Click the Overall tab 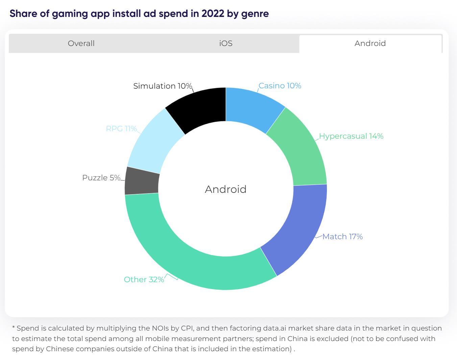click(x=81, y=43)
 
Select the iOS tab click(x=226, y=43)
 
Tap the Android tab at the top click(x=370, y=43)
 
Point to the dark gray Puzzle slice click(x=142, y=181)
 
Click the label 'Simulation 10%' click(x=163, y=86)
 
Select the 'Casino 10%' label click(x=280, y=86)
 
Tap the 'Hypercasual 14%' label click(x=351, y=136)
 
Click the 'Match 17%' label click(x=342, y=237)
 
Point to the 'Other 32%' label click(x=144, y=279)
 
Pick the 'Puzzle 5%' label click(x=101, y=178)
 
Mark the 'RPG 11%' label click(x=121, y=129)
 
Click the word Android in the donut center click(x=225, y=189)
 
